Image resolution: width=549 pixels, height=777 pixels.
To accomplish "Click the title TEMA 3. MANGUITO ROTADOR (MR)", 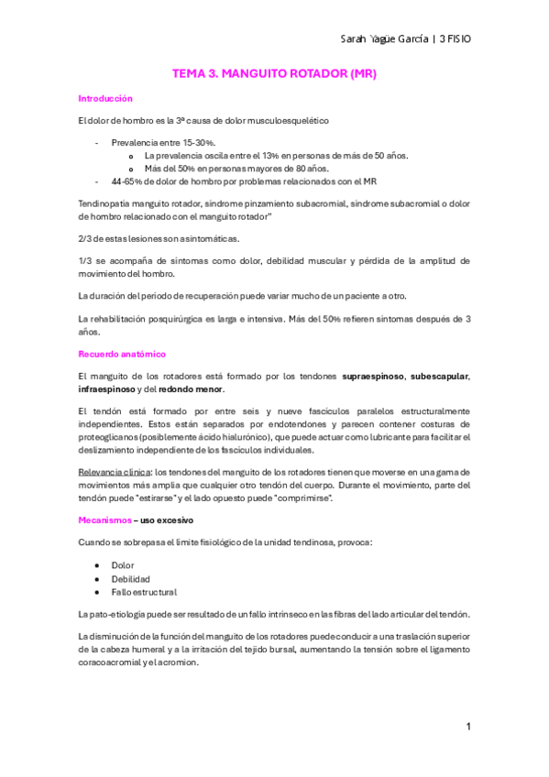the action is (275, 73).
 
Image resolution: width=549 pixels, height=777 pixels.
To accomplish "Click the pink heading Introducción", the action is (105, 98).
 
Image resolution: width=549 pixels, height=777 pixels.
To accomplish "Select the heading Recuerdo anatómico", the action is (121, 354).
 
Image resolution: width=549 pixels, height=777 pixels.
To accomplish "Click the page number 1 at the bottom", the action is (467, 727).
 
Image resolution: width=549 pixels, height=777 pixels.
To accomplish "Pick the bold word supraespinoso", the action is (373, 377).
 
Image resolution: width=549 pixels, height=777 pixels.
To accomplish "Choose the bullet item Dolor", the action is (122, 565).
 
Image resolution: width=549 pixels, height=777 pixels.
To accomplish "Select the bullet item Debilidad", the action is (129, 579).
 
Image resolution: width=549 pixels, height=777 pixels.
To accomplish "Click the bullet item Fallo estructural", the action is (143, 592).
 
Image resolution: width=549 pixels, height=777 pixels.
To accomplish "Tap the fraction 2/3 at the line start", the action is (87, 238).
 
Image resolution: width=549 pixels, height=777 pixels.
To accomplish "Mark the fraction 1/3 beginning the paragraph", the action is (87, 261).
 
